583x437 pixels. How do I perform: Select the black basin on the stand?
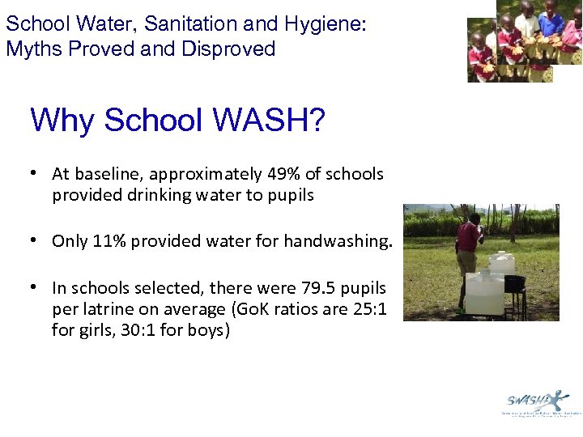click(x=514, y=283)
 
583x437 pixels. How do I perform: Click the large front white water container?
click(x=483, y=293)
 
